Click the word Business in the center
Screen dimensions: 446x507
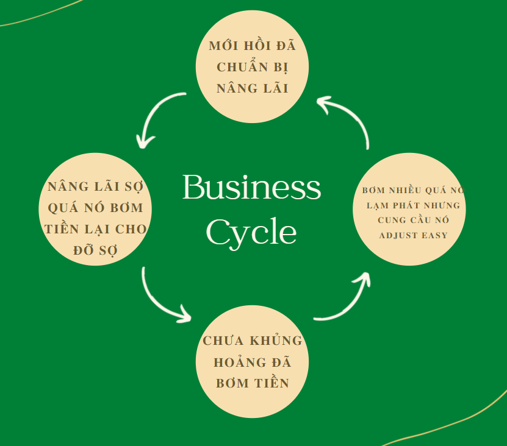coord(251,188)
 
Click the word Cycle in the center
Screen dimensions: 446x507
coord(251,232)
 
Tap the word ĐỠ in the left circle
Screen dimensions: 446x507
coord(84,250)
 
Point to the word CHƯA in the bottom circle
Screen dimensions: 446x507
coord(224,341)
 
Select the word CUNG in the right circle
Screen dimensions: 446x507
coord(391,219)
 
